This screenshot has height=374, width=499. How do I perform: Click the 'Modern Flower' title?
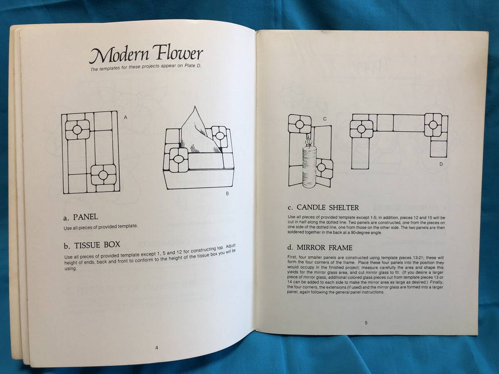coord(146,54)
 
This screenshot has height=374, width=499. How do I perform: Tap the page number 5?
coord(366,323)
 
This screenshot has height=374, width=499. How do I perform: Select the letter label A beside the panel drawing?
coord(126,118)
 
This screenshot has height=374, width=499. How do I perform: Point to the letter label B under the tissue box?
coord(227,194)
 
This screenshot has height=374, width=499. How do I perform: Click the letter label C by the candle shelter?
coord(325,119)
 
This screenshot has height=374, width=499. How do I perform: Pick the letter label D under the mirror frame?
coord(441,164)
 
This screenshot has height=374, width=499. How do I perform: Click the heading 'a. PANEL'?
coord(81,217)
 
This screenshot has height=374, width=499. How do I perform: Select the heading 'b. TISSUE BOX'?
coord(92,245)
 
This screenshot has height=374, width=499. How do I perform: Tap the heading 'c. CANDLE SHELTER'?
coord(323,207)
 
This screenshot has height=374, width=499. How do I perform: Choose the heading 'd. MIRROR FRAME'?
coord(320,248)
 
